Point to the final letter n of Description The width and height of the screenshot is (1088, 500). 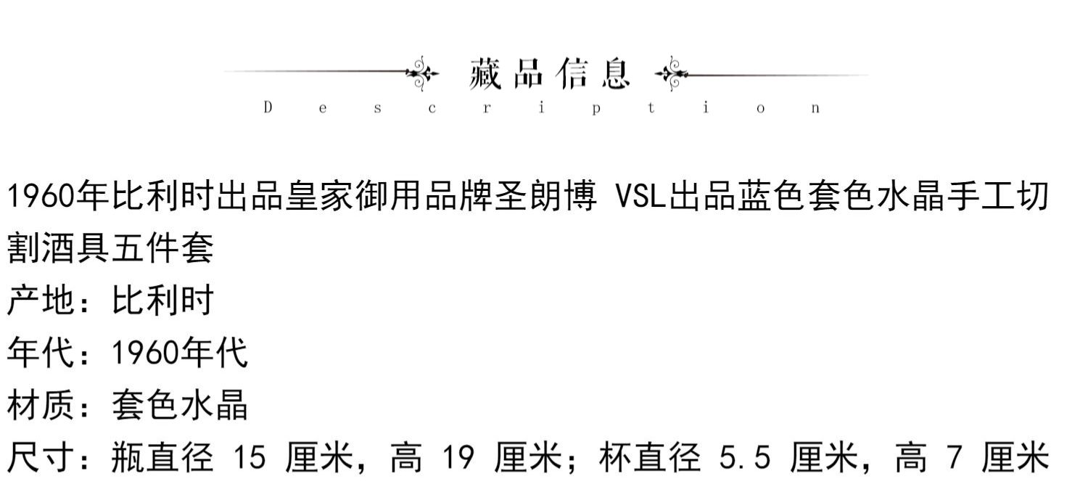[816, 109]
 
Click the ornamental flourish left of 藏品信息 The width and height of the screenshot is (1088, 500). [422, 73]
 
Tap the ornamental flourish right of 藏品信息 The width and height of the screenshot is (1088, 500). [670, 73]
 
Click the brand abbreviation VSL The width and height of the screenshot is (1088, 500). [640, 197]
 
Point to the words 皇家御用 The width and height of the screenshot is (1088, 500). [353, 197]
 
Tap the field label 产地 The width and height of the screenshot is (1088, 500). [41, 300]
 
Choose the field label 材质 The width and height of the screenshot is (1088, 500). [41, 405]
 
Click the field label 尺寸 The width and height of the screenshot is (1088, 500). [41, 458]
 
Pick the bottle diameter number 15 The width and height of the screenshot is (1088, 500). [250, 458]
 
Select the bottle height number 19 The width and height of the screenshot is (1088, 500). [458, 458]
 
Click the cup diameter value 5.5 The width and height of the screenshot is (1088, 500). [744, 458]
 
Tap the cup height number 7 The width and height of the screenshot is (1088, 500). [955, 458]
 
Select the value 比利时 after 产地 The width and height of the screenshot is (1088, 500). [162, 300]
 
